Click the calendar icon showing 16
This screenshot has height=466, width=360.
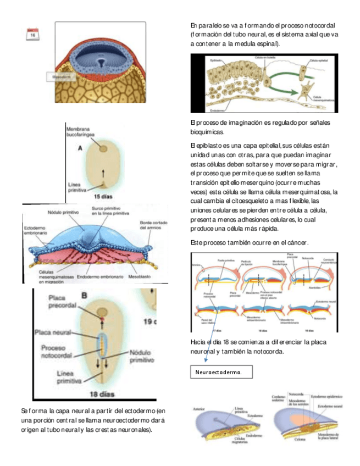pyautogui.click(x=34, y=34)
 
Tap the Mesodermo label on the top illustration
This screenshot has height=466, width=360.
pyautogui.click(x=61, y=77)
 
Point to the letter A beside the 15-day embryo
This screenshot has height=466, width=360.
pyautogui.click(x=80, y=148)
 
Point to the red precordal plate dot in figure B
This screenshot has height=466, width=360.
pyautogui.click(x=101, y=319)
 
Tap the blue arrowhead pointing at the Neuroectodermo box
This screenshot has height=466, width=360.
pyautogui.click(x=205, y=360)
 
